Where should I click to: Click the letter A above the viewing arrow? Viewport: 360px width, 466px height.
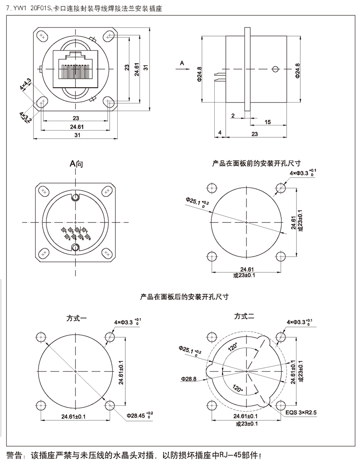[182, 63]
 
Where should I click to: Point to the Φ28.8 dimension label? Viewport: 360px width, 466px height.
[188, 379]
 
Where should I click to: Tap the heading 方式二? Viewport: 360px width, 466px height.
[244, 316]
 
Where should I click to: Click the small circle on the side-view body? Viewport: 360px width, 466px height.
[276, 69]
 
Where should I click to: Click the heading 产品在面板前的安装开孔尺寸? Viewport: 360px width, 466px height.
[256, 163]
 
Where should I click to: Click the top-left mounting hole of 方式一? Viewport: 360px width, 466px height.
[42, 337]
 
